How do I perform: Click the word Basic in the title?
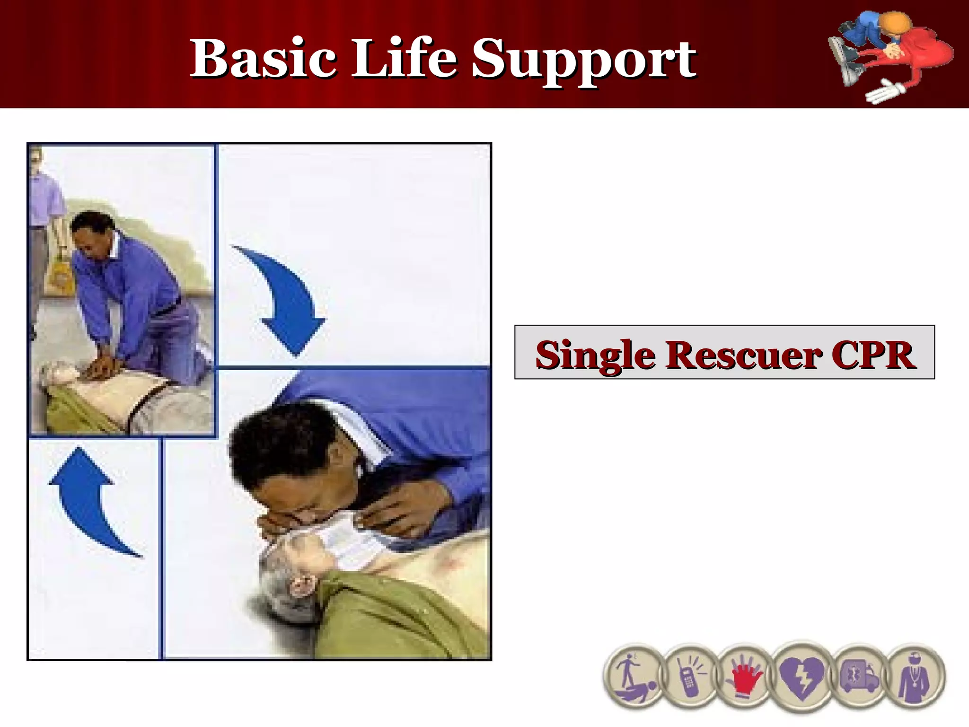point(263,59)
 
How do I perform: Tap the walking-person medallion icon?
point(634,677)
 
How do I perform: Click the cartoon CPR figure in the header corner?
point(890,54)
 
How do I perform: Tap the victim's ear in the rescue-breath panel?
point(301,585)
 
